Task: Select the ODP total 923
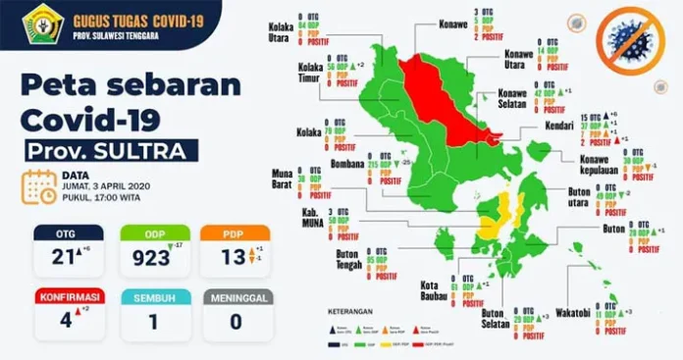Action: pos(145,259)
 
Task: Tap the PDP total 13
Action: pos(228,259)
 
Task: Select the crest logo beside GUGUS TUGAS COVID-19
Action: pos(41,22)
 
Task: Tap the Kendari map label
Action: pos(560,128)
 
